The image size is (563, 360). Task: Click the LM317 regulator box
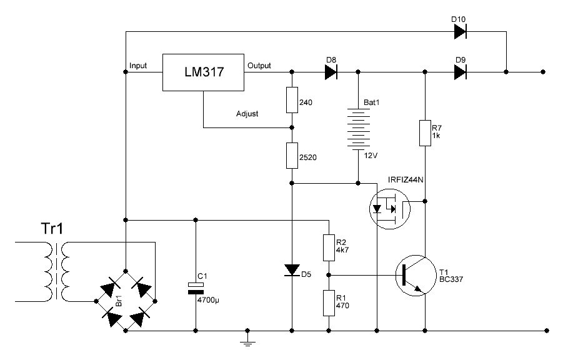[203, 72]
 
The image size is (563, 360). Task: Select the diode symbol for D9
[461, 72]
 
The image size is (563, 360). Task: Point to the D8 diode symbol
[331, 72]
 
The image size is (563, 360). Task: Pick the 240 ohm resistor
[292, 100]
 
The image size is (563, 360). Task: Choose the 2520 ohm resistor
[292, 155]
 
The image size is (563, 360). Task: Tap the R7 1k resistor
[425, 132]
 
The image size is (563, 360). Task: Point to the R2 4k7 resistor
[327, 247]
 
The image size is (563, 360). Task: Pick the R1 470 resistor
[327, 303]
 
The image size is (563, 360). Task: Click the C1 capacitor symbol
[196, 288]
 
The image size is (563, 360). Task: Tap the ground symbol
[248, 341]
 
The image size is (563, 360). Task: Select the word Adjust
[247, 114]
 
